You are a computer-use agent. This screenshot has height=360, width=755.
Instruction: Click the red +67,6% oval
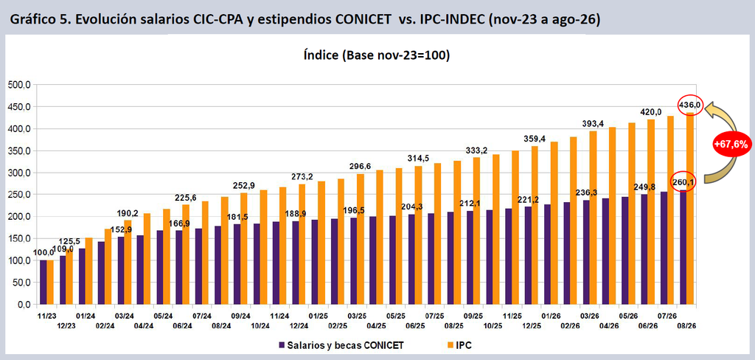tap(731, 145)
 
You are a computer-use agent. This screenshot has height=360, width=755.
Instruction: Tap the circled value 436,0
tap(689, 105)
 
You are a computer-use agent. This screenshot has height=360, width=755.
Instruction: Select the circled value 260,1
tap(682, 181)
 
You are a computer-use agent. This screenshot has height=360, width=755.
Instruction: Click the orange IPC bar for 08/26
tap(689, 209)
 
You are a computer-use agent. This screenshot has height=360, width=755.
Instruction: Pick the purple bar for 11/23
tap(43, 283)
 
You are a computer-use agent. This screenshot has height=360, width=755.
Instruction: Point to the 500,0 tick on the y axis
tap(19, 85)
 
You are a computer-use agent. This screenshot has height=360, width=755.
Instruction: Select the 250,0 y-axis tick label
tap(19, 195)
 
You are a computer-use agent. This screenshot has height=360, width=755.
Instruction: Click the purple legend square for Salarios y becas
tap(282, 345)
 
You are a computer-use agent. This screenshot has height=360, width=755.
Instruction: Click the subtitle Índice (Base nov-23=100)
tap(377, 55)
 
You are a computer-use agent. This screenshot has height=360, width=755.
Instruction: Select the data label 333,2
tap(477, 150)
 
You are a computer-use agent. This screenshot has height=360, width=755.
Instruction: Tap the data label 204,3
tap(412, 207)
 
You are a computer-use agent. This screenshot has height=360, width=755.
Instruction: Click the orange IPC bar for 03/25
tap(360, 239)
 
